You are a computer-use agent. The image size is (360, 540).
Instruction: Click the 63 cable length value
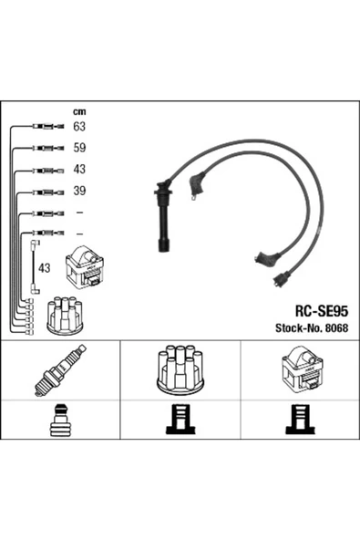click(79, 127)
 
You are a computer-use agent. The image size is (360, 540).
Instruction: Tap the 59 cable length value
click(79, 148)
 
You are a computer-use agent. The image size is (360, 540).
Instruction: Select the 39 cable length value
click(79, 191)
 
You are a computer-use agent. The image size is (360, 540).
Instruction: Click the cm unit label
click(79, 111)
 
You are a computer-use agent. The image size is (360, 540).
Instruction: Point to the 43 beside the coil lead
click(44, 267)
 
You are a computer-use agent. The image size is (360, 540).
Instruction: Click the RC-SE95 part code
click(322, 311)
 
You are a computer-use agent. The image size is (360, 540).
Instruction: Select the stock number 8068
click(336, 327)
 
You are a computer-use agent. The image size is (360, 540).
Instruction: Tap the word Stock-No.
click(299, 327)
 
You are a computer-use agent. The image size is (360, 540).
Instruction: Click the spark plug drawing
click(60, 370)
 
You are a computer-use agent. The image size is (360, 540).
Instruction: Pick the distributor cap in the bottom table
click(180, 370)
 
